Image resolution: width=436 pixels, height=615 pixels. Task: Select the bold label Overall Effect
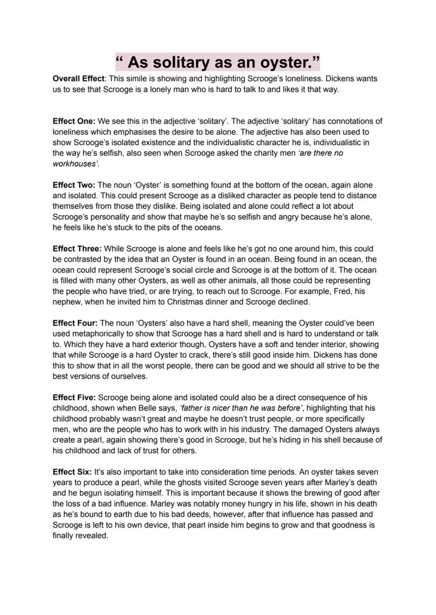click(x=77, y=78)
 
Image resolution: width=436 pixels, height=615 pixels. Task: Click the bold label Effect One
click(x=74, y=121)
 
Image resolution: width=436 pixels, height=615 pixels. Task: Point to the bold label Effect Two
click(x=74, y=185)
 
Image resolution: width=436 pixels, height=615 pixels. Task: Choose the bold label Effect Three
click(x=77, y=249)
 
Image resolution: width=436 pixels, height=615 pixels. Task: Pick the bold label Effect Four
click(x=75, y=323)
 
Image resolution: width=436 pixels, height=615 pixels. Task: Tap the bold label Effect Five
click(x=74, y=397)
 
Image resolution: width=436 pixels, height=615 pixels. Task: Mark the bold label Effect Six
click(x=73, y=472)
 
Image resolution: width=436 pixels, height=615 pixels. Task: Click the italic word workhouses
click(x=75, y=164)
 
